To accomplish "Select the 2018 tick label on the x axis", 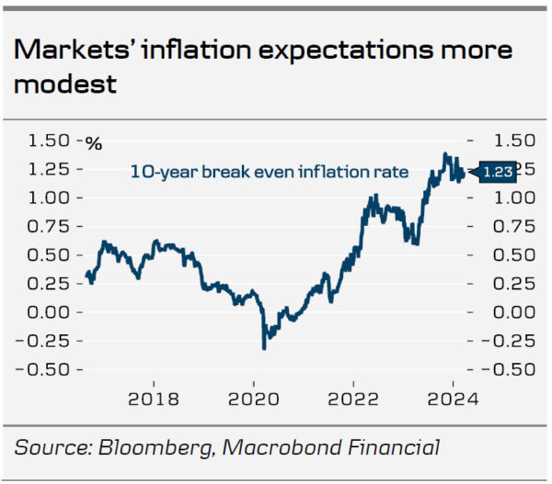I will [152, 400].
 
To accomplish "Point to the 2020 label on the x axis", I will [253, 400].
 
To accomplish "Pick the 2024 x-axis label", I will [454, 400].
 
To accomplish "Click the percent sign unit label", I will [94, 142].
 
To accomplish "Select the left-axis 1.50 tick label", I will [50, 141].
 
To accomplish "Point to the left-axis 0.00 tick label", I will [50, 312].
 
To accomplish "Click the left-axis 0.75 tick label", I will [50, 227].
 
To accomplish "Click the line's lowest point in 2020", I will [264, 348].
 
